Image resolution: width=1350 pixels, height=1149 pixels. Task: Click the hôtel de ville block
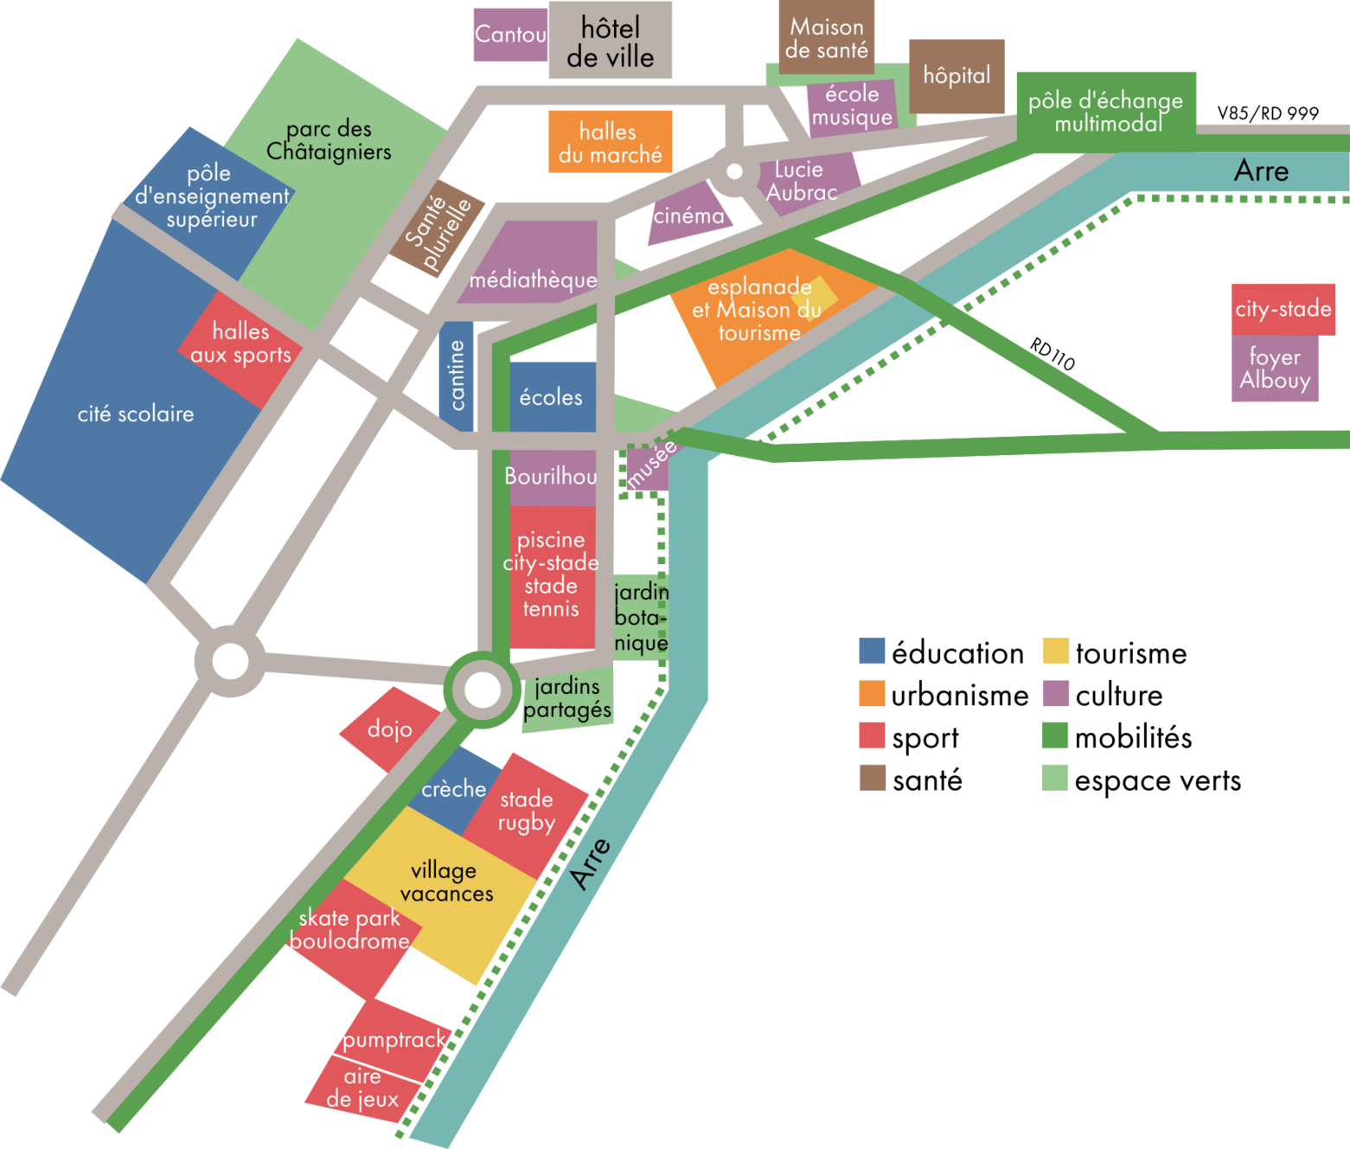coord(610,42)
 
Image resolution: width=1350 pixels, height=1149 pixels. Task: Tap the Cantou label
coord(510,35)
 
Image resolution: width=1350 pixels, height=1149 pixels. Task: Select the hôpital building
coord(957,76)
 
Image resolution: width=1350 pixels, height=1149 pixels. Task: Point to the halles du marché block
coord(610,142)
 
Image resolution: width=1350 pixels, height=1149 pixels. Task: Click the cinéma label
coord(688,215)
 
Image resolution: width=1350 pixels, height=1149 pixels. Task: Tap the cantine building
coord(457,376)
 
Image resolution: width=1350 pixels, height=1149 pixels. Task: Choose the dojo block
coord(389,729)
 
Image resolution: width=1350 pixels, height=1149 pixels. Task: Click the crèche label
coord(454,789)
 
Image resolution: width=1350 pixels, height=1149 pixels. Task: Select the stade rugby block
coord(526,811)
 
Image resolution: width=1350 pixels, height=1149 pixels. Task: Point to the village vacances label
coord(445,882)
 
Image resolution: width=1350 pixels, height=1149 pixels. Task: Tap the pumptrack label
coord(394,1040)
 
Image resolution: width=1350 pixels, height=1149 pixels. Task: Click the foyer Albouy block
coord(1275,369)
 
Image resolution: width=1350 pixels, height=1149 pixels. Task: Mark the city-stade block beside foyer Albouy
coord(1283,309)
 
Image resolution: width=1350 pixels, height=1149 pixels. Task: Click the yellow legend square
coord(1055,651)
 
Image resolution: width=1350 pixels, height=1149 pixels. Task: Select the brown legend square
coord(873,777)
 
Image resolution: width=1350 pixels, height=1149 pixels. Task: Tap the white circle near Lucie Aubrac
coord(734,171)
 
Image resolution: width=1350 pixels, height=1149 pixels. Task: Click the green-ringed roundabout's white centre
coord(483,690)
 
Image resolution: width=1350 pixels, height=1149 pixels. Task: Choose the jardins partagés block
coord(567,699)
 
